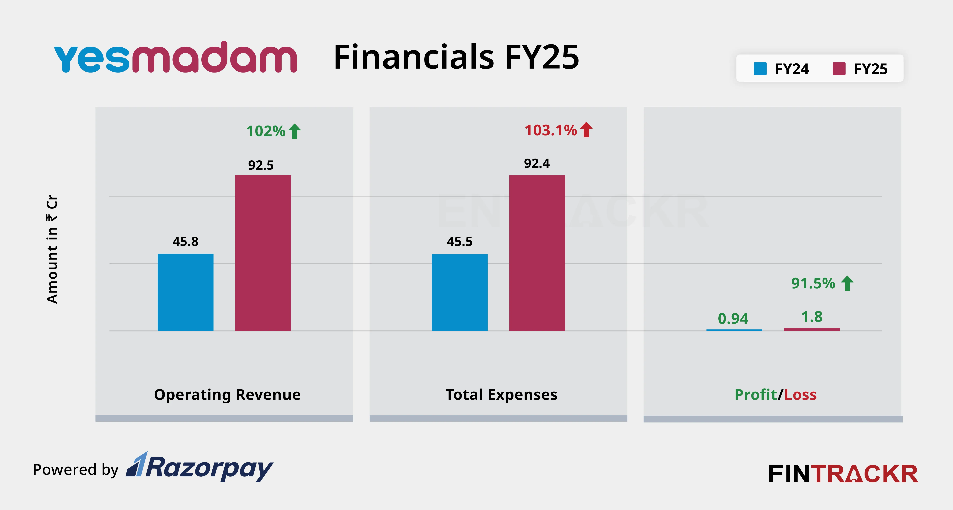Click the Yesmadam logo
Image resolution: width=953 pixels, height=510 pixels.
coord(175,57)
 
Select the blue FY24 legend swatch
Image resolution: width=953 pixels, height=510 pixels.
coord(760,69)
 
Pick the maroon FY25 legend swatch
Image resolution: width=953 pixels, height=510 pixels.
coord(839,69)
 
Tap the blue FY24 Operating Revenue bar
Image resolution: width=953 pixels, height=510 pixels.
coord(185,292)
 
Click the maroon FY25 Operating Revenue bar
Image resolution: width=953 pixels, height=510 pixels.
coord(263,253)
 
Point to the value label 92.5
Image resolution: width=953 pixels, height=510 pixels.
coord(261,165)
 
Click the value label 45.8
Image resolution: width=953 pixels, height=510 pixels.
coord(185,241)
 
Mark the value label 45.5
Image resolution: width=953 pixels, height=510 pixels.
coord(460,241)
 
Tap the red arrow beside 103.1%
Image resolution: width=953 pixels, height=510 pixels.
coord(586,130)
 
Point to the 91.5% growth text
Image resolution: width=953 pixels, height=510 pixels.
coord(813,283)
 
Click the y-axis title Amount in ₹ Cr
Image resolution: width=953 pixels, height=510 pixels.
coord(52,249)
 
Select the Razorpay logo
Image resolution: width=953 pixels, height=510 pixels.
coord(200,468)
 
